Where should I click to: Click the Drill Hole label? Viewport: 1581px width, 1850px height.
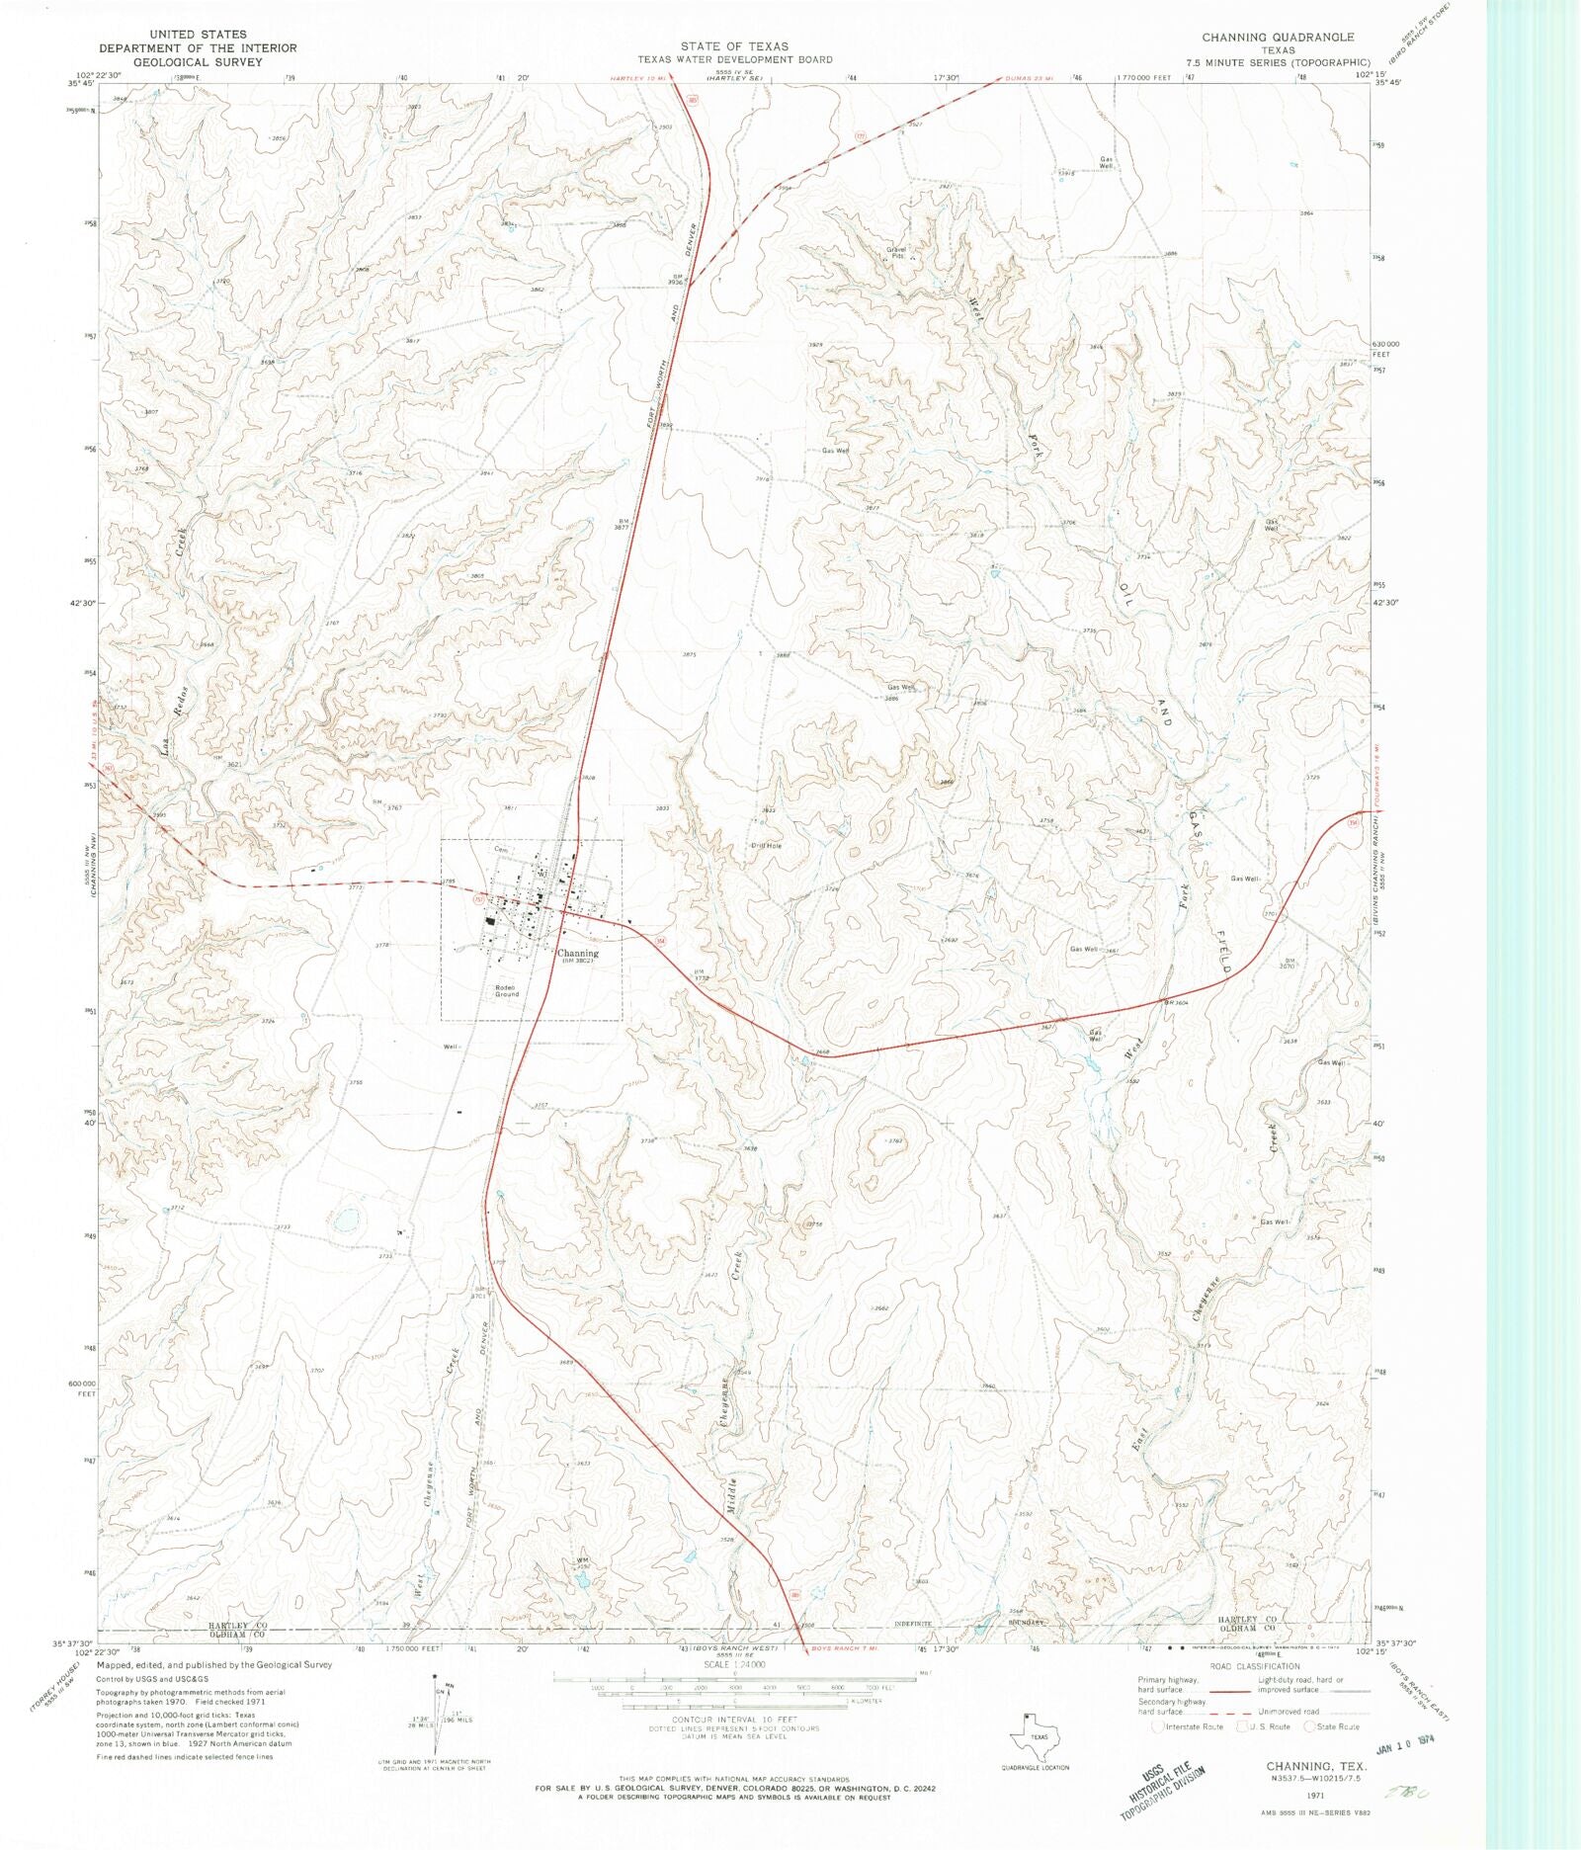766,846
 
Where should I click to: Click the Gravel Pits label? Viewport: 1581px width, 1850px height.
896,252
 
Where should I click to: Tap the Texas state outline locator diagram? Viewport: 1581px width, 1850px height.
1038,1735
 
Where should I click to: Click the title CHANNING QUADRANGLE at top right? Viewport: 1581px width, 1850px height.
1277,37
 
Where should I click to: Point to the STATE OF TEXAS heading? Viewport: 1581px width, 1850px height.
733,46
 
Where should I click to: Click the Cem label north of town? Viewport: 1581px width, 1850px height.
500,849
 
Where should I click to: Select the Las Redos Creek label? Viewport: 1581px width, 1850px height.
174,642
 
